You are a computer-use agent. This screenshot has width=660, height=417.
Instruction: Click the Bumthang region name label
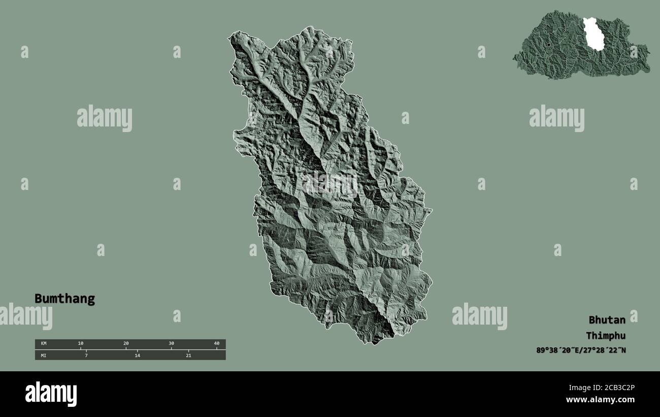[x=64, y=299]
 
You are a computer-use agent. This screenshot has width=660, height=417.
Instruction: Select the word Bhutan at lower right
[x=607, y=320]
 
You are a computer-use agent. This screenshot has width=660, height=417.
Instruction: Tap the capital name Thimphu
[x=605, y=336]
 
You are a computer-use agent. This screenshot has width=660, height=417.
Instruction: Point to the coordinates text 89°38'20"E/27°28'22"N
[x=581, y=350]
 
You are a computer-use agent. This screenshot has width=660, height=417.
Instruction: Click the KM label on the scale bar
[x=44, y=344]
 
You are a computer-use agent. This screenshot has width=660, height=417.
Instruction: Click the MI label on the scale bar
[x=44, y=355]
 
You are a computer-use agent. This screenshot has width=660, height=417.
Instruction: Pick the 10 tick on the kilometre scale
[x=81, y=344]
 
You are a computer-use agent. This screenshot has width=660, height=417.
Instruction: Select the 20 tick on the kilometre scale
[x=126, y=344]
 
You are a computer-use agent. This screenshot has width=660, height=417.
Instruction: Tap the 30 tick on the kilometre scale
[x=171, y=344]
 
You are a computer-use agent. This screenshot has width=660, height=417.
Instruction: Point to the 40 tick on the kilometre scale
[x=216, y=344]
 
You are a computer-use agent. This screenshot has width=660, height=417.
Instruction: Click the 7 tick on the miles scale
[x=86, y=355]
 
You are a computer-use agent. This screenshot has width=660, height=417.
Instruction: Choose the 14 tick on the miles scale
[x=137, y=355]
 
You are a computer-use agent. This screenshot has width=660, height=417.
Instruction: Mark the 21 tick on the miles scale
[x=188, y=355]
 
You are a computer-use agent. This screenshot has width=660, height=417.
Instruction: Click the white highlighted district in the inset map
[x=593, y=35]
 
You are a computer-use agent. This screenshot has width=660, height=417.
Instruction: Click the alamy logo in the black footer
[x=51, y=394]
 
